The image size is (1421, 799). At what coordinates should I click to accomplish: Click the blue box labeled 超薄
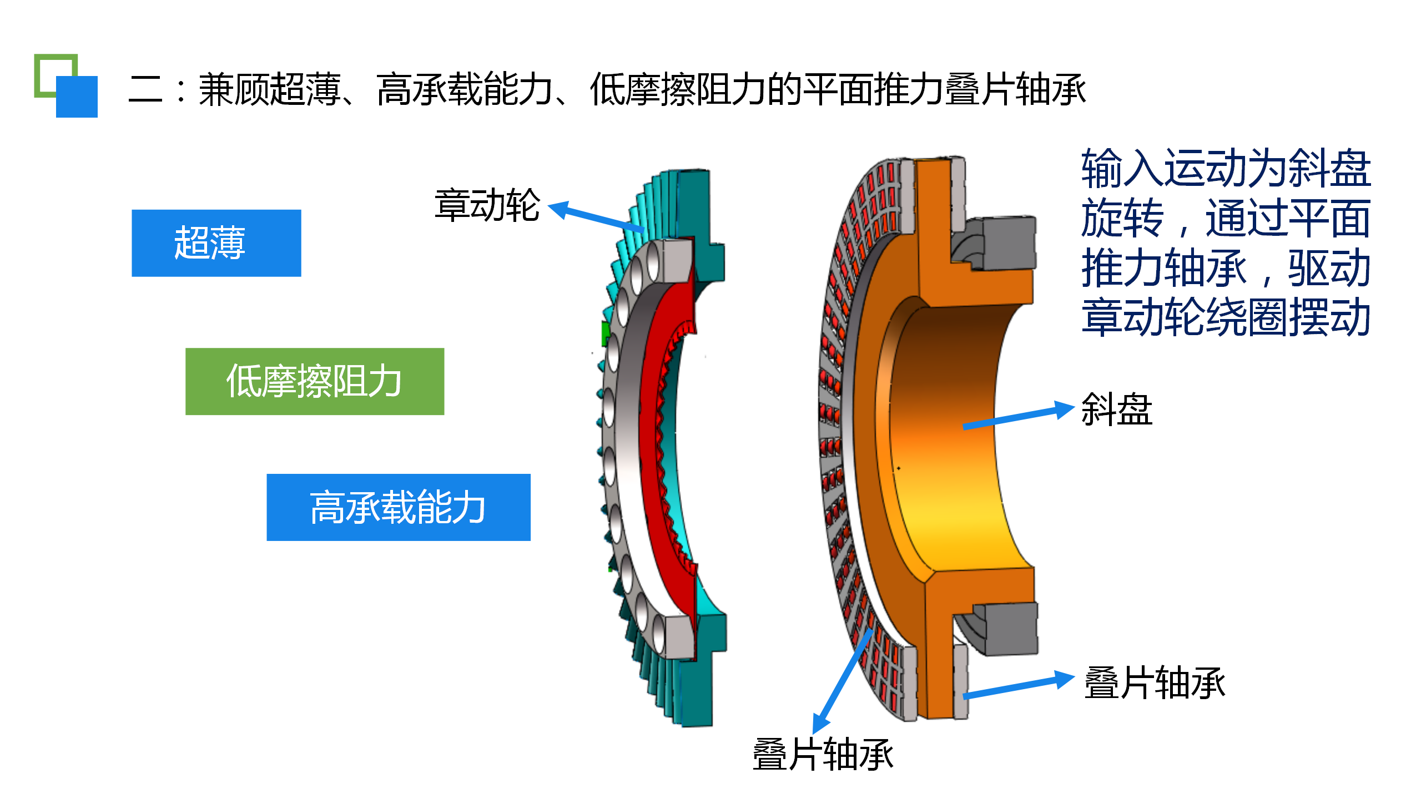click(216, 243)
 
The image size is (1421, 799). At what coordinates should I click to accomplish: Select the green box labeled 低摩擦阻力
click(315, 381)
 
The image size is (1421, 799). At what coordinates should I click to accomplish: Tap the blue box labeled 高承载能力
click(399, 507)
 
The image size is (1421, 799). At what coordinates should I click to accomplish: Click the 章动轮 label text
click(487, 205)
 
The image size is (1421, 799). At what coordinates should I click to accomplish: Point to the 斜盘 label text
click(1117, 409)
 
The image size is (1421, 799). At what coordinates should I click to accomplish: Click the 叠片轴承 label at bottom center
click(823, 755)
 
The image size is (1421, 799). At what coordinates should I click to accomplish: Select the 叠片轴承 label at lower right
click(1155, 682)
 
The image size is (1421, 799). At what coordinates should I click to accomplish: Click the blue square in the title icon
click(77, 97)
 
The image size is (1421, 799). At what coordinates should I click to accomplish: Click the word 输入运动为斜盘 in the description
click(1226, 168)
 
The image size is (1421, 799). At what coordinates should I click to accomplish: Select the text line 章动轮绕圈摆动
click(1226, 317)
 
